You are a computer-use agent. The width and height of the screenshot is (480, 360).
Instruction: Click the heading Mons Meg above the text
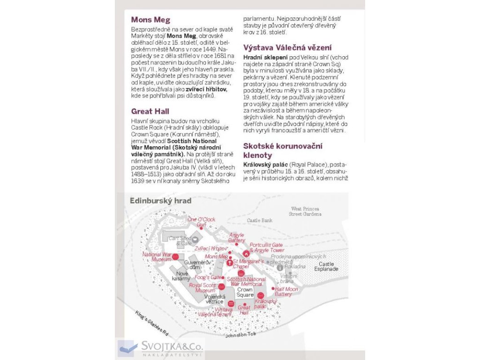(150, 20)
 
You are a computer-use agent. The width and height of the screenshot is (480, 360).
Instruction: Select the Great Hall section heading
(150, 112)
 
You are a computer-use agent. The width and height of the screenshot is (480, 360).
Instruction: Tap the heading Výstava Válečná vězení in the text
(287, 47)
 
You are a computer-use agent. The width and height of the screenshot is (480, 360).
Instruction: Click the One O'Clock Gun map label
(201, 222)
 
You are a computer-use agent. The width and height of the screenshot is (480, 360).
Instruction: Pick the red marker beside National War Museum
(175, 256)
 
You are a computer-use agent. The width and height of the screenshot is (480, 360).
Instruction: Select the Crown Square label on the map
(245, 292)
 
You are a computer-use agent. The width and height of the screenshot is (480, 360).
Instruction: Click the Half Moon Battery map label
(286, 292)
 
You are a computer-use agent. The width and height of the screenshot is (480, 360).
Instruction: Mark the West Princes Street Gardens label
(305, 211)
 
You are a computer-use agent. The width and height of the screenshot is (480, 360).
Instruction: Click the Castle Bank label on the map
(260, 220)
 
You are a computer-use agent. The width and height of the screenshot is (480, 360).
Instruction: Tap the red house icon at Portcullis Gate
(245, 253)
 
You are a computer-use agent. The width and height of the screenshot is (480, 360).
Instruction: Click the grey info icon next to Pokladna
(280, 268)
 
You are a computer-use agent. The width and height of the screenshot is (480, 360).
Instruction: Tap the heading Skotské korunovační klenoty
(282, 150)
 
